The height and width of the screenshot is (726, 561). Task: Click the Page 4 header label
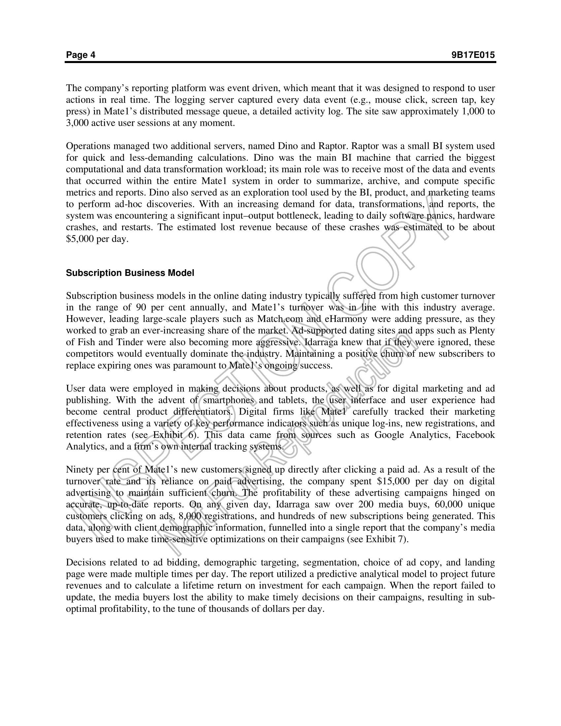point(81,55)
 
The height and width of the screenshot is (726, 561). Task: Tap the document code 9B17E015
point(473,55)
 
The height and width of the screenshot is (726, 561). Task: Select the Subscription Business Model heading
point(130,273)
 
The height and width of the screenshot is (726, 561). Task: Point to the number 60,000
point(448,504)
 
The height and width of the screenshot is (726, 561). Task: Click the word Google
point(389,435)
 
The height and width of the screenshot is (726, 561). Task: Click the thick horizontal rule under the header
point(280,62)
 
